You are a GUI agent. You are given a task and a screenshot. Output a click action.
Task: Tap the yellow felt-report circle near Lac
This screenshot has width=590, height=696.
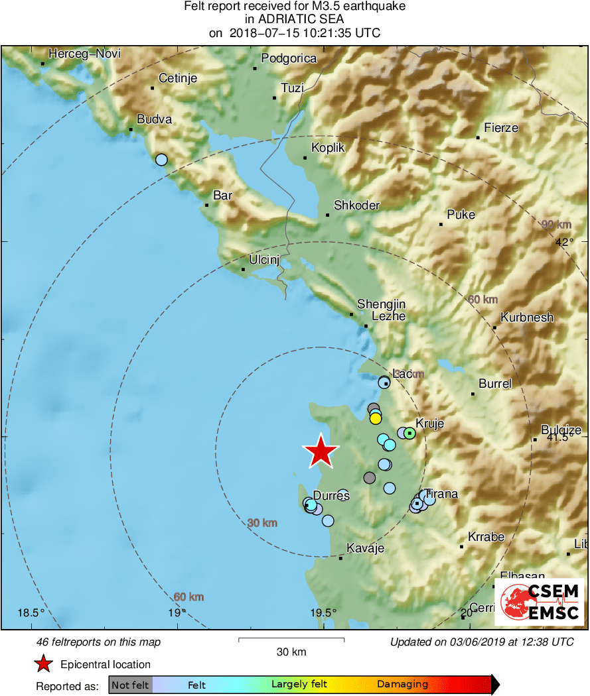tap(375, 418)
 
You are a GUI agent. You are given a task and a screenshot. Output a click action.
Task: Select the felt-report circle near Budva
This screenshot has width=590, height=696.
tap(161, 159)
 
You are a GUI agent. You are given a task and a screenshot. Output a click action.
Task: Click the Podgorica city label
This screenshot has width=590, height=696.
tap(289, 58)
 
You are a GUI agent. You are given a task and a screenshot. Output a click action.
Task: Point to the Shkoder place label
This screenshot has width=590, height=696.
tap(356, 205)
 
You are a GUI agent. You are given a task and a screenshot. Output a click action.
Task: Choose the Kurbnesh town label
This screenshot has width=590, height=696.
tap(527, 318)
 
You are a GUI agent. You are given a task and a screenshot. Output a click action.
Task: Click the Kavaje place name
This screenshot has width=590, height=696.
tap(366, 548)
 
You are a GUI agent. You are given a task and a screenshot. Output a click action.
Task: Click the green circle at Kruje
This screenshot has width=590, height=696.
tap(409, 433)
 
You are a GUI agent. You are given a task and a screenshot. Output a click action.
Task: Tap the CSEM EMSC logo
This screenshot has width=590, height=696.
tap(540, 602)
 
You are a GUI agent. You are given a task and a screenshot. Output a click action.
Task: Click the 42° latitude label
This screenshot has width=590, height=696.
tap(565, 242)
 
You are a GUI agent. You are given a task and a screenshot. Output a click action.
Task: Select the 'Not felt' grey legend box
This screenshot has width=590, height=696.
tap(130, 685)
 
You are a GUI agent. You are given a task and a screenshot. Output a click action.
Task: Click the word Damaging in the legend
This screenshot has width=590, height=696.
tap(402, 685)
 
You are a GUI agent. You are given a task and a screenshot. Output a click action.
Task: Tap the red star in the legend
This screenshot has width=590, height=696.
tap(43, 664)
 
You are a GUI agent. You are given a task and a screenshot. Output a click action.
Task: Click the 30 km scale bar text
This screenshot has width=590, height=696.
tap(291, 652)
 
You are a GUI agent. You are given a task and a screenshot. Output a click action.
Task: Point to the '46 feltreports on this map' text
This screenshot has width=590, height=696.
tap(98, 642)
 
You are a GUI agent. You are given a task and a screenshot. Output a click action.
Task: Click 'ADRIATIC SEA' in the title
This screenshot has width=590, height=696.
tap(295, 20)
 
